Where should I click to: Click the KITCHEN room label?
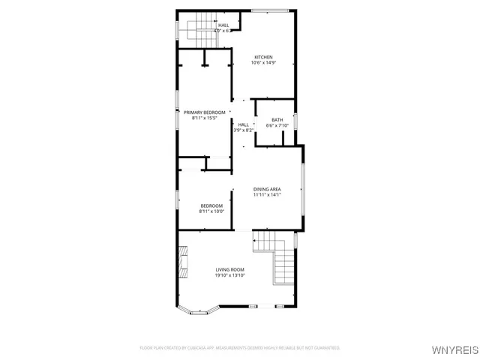coord(263,58)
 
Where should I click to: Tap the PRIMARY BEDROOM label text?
coord(204,112)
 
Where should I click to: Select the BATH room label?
coord(277,120)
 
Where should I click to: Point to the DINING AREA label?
coord(266,189)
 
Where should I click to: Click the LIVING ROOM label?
coord(230,270)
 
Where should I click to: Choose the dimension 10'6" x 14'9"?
coord(263,64)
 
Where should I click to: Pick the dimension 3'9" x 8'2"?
coord(243,130)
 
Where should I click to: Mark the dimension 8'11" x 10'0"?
coord(211,211)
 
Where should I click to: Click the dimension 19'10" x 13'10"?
coord(230,276)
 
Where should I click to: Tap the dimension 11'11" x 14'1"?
coord(266,195)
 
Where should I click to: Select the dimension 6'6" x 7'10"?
coord(277,126)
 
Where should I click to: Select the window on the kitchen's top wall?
coord(269,10)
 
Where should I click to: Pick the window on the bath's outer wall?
coord(296,121)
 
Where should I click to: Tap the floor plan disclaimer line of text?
coord(240,348)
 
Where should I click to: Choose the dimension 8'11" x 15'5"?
coord(204,118)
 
